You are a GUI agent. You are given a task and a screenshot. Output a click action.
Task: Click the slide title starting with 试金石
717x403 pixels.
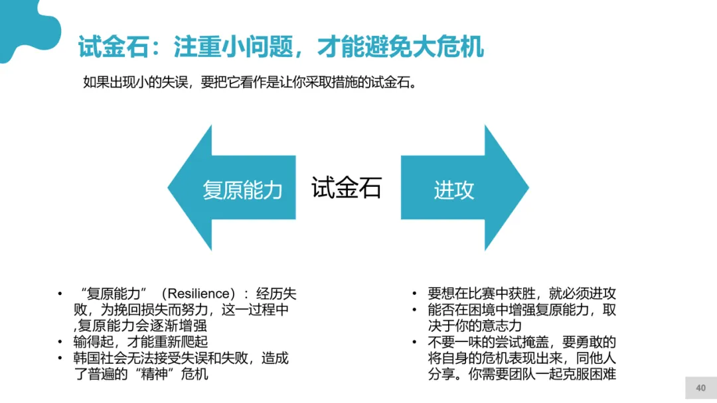point(281,46)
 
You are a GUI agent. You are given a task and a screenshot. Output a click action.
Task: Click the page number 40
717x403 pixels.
point(700,388)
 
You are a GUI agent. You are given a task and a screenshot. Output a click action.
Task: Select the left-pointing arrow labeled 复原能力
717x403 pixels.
point(232,188)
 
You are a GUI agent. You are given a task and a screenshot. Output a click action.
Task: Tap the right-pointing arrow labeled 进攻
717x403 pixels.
point(465,188)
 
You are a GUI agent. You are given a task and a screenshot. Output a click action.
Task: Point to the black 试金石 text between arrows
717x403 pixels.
point(347,188)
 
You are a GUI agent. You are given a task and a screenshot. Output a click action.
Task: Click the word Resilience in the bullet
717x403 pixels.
point(199,294)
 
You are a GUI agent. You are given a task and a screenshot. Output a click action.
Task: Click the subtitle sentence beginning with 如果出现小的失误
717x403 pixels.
point(250,82)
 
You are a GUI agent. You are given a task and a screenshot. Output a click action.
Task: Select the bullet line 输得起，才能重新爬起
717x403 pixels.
point(140,342)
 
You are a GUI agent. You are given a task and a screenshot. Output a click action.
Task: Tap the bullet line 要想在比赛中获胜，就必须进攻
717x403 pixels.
point(522,294)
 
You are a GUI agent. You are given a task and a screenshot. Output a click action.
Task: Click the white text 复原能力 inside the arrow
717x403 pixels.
point(242,190)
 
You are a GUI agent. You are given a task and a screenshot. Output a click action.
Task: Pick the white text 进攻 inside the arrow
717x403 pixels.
point(454,190)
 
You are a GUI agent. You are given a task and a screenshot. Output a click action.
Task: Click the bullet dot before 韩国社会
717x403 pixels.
point(60,359)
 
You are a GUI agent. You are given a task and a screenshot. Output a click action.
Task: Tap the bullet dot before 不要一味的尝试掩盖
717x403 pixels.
point(414,342)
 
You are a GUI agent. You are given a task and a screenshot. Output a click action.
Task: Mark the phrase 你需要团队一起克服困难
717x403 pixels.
point(542,374)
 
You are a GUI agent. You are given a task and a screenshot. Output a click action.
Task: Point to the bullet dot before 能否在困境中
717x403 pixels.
point(414,310)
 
